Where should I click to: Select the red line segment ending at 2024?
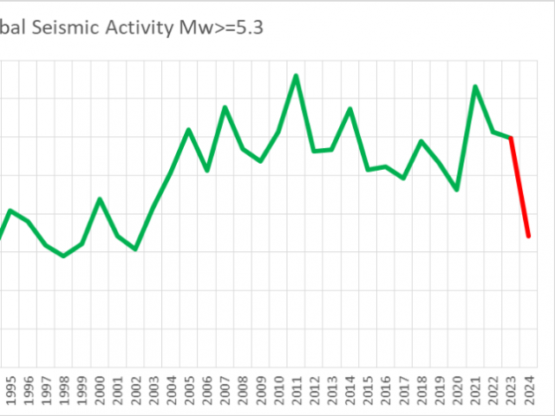[x=520, y=187]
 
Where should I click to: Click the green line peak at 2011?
[x=296, y=75]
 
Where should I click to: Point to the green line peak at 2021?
[x=475, y=87]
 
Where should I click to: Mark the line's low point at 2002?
[x=135, y=250]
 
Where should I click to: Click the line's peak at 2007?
[x=225, y=107]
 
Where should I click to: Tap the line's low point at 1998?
[x=63, y=257]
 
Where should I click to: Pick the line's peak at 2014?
[x=349, y=109]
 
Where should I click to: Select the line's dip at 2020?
[x=457, y=190]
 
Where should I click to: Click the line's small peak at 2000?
[x=100, y=199]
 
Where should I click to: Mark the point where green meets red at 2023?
[x=511, y=137]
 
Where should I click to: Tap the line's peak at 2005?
[x=189, y=130]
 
